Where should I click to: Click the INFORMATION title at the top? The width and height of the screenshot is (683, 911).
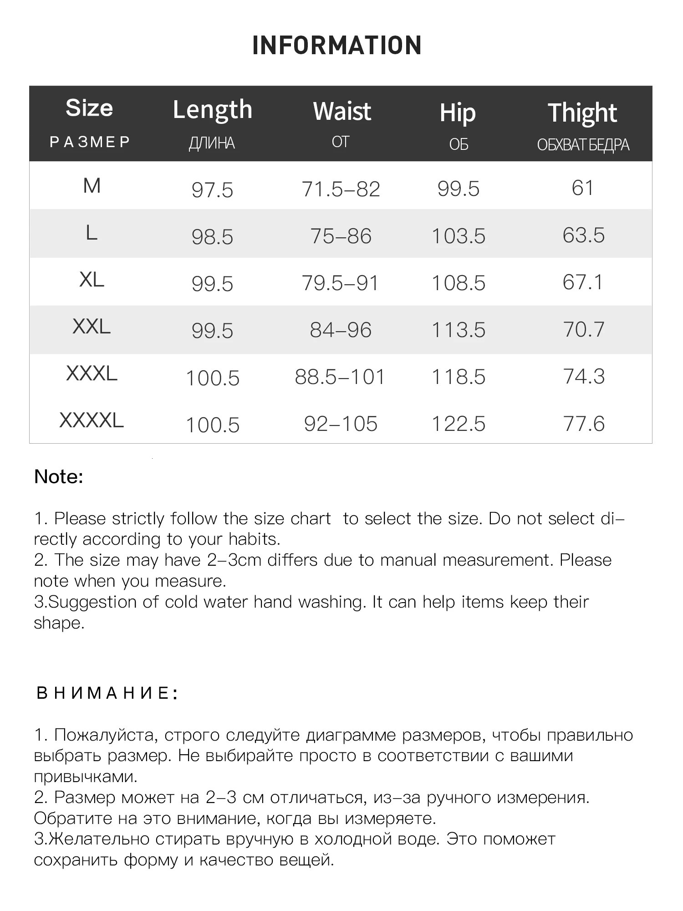(x=337, y=46)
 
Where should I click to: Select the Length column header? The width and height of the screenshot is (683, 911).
(x=212, y=110)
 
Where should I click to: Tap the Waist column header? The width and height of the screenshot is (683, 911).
(x=342, y=112)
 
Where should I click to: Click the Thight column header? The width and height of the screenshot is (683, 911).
(x=582, y=113)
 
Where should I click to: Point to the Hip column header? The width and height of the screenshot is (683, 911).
(x=458, y=113)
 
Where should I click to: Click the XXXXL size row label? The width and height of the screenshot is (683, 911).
(x=92, y=420)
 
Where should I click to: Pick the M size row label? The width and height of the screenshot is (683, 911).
(x=92, y=186)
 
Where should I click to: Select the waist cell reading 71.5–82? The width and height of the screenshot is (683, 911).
(x=341, y=189)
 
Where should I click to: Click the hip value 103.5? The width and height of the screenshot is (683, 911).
(x=458, y=236)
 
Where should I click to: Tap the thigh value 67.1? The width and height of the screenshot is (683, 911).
(x=583, y=282)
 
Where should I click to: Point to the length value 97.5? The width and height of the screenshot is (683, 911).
(x=212, y=190)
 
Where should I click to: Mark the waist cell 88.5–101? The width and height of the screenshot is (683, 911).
(x=340, y=377)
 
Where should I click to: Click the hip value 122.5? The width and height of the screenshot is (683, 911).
(x=458, y=424)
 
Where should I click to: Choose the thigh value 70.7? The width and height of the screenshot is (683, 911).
(x=584, y=329)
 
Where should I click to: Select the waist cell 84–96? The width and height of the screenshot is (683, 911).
(x=341, y=330)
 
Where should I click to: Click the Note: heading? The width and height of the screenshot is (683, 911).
(x=59, y=477)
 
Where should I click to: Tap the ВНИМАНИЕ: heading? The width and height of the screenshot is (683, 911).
(x=107, y=693)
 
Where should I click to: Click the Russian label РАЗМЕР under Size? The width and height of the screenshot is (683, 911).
(x=90, y=142)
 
